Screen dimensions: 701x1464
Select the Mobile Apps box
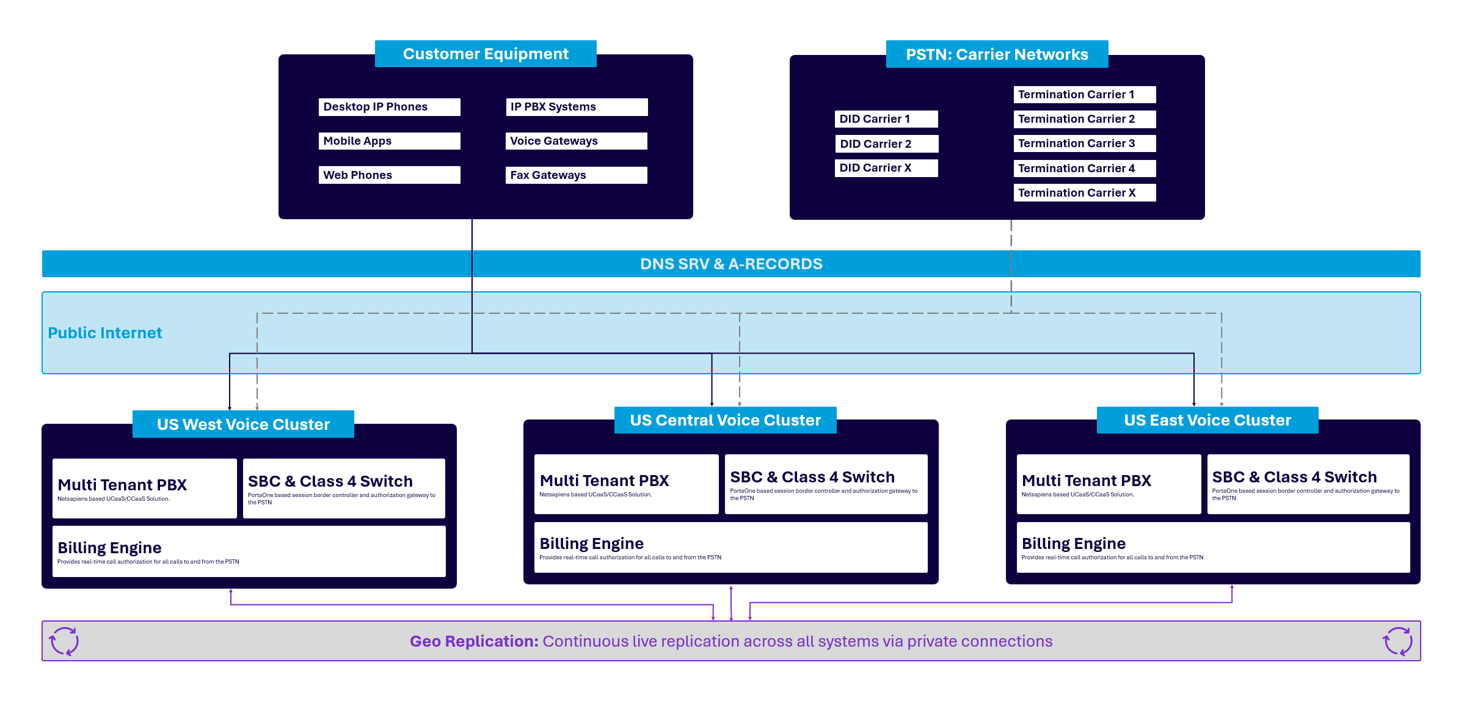point(388,141)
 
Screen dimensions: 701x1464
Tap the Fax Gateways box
point(575,175)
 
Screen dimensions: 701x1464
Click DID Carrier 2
point(886,144)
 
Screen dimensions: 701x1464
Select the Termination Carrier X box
point(1084,193)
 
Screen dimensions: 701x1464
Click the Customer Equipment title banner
point(486,54)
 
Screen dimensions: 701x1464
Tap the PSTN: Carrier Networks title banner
point(997,54)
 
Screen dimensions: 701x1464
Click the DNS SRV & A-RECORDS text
point(731,264)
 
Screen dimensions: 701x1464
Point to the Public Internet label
point(105,333)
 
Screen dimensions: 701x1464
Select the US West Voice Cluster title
point(243,424)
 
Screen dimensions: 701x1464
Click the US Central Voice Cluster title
point(725,420)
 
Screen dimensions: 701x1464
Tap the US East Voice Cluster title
point(1207,420)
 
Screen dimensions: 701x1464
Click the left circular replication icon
point(64,641)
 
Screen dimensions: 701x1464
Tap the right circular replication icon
point(1397,641)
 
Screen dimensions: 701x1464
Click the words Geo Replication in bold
point(474,641)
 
